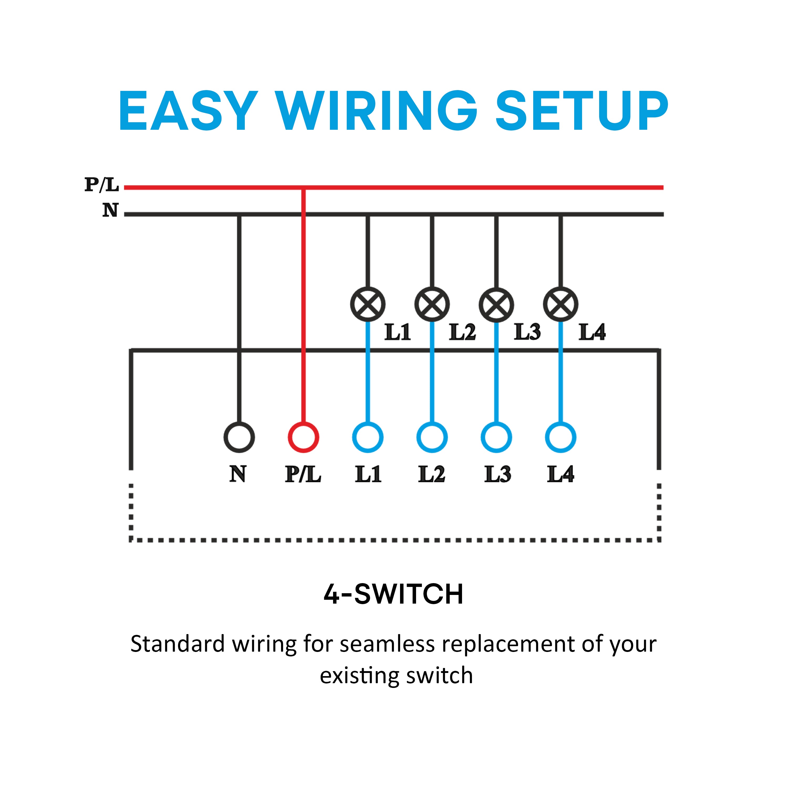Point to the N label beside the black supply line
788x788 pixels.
pos(110,210)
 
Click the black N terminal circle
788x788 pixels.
pos(239,437)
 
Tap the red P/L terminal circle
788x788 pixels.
pos(303,437)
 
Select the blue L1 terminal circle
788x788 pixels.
pos(367,437)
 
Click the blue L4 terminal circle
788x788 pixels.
pos(561,437)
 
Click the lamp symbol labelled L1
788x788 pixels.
pos(367,304)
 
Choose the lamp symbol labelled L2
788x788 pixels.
pos(432,304)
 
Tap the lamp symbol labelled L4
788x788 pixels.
pos(561,304)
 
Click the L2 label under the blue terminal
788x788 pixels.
pos(432,474)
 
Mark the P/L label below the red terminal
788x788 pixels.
pos(303,474)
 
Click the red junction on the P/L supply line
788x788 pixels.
pos(303,188)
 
